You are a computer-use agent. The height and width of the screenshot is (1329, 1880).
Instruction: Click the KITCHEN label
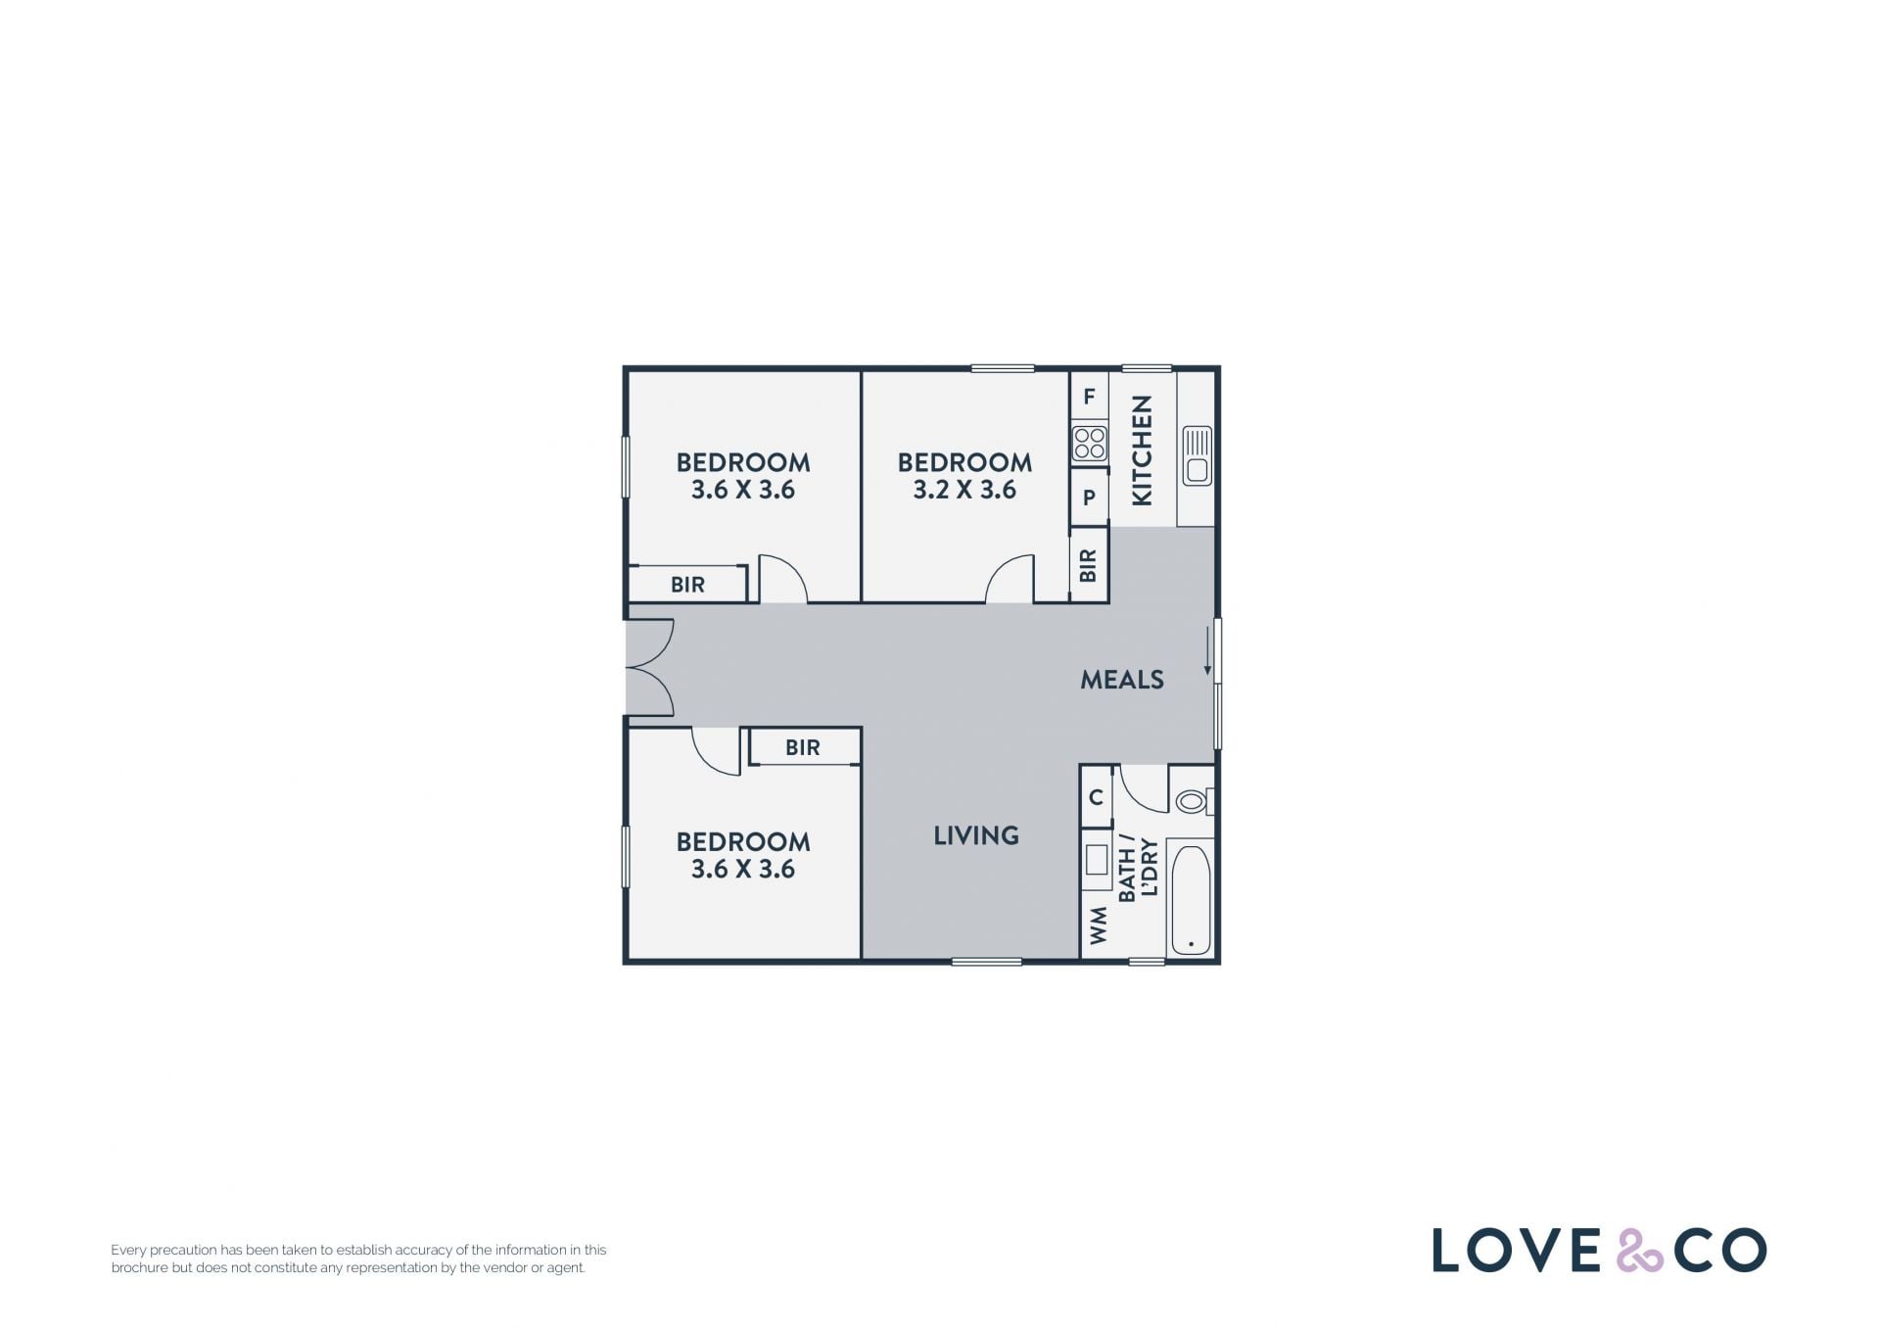click(1142, 451)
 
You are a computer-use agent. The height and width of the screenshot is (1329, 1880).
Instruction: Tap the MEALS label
click(1122, 680)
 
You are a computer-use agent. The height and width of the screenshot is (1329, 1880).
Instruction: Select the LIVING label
click(976, 835)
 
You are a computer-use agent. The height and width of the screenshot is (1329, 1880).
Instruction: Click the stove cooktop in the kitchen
click(1090, 444)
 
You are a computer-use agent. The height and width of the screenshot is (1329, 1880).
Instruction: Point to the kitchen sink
click(1198, 456)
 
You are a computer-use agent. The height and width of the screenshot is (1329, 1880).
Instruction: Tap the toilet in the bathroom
click(1194, 802)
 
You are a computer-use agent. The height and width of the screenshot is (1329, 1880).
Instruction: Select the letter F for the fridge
click(1089, 397)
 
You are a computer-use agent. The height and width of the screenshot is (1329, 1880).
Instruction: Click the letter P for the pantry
click(1089, 498)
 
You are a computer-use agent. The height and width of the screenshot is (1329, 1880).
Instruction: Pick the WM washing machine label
click(1099, 926)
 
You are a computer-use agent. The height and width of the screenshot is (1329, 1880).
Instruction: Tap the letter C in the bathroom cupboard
click(1096, 797)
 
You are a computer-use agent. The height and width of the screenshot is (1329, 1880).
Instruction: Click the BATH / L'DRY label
click(1138, 868)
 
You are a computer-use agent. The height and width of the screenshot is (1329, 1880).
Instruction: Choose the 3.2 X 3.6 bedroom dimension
click(964, 490)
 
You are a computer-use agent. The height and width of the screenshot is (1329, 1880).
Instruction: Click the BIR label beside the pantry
click(1088, 565)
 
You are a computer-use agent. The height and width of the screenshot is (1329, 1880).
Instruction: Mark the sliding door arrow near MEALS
click(1207, 652)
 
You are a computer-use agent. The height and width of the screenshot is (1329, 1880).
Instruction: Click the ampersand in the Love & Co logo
click(1638, 1250)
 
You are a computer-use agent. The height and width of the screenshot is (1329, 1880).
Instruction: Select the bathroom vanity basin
click(1096, 860)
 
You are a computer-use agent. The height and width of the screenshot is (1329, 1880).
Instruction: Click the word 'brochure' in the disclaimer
click(139, 1267)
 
